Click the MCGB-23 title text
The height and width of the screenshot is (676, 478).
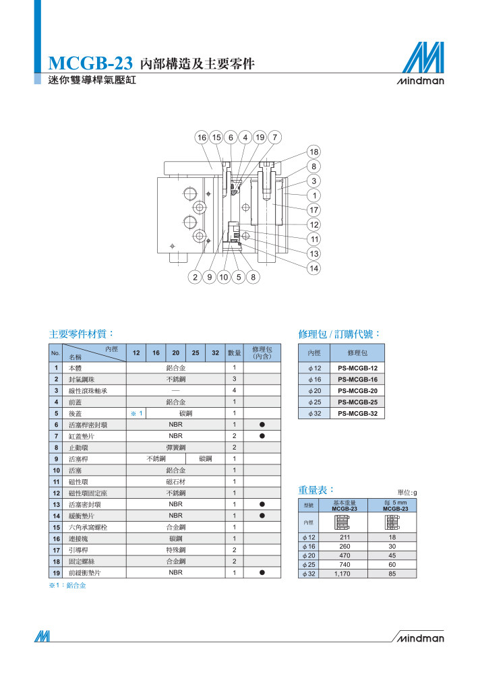90,63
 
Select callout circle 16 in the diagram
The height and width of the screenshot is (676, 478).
202,137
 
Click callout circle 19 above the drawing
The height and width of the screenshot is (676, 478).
260,137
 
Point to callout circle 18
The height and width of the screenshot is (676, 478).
313,152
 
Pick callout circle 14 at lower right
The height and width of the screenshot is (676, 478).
313,268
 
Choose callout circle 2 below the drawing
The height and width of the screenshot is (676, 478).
195,277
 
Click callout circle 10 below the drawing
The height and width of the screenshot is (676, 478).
223,277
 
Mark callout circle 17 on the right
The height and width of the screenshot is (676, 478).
313,210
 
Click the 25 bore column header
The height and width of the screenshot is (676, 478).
196,352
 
